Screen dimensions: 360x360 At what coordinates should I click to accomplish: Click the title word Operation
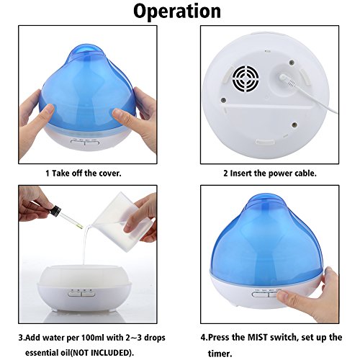tap(177, 12)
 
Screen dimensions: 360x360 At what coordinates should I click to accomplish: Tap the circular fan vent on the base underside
tap(246, 79)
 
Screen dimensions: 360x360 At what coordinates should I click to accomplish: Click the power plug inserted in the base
tap(287, 80)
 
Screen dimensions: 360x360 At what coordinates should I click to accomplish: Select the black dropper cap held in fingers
tap(55, 211)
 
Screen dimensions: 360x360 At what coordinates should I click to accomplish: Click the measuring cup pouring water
tap(121, 222)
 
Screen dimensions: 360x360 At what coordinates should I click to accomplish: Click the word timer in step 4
tap(220, 354)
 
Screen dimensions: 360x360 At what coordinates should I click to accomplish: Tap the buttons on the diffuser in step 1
tap(85, 142)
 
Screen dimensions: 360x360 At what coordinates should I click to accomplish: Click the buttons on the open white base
tap(81, 294)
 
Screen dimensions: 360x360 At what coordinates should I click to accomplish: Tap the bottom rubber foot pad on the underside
tap(265, 142)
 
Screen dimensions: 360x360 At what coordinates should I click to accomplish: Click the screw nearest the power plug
tap(292, 63)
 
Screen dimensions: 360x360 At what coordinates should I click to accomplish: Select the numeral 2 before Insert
tap(225, 174)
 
